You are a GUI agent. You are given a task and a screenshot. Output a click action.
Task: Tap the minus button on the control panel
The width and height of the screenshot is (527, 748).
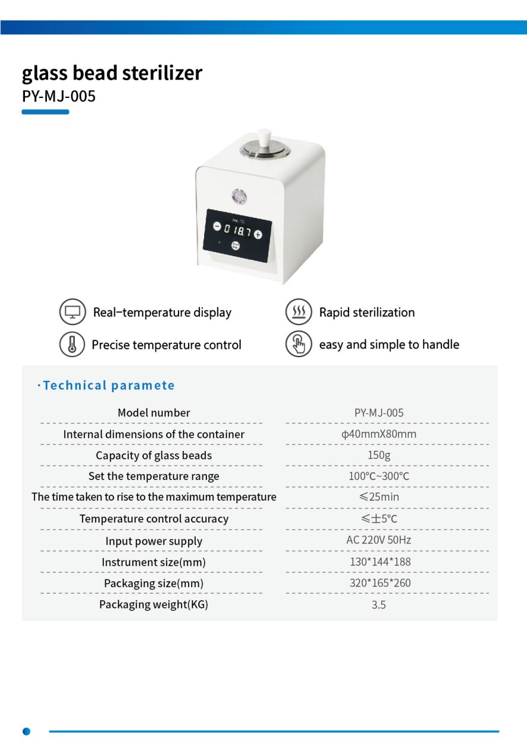217,227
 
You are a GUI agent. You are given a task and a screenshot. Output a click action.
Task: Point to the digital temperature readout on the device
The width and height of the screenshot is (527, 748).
237,231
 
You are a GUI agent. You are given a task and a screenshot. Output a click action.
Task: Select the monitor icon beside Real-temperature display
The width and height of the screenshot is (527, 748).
72,312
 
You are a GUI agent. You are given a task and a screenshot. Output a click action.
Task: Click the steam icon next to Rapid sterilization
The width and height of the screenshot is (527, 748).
299,312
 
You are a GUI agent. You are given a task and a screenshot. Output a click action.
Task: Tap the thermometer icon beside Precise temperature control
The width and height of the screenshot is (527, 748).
72,345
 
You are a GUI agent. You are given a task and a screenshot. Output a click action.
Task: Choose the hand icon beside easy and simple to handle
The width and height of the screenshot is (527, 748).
299,345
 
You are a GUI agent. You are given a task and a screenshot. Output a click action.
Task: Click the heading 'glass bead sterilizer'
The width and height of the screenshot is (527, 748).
112,73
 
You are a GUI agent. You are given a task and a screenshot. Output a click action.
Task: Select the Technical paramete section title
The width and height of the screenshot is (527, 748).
109,386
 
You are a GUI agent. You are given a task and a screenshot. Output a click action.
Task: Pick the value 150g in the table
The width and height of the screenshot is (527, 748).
379,455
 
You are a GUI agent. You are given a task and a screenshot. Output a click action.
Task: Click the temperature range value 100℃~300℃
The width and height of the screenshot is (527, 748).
379,476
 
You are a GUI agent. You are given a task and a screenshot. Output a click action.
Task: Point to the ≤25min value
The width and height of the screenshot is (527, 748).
379,497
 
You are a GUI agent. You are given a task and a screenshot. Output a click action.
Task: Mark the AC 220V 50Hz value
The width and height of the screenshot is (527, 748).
379,540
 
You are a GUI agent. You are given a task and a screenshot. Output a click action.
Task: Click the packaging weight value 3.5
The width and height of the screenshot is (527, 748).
379,605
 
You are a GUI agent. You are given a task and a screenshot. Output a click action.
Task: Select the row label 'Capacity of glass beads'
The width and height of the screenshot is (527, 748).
154,456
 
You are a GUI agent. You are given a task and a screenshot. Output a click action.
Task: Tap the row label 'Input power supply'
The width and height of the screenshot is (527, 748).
154,541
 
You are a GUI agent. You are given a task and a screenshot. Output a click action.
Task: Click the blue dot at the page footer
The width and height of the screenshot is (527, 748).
26,731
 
